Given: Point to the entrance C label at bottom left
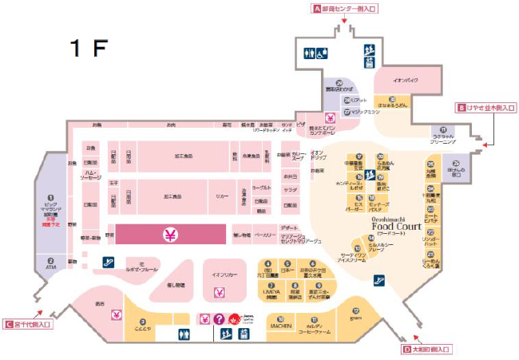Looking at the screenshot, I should [28, 324].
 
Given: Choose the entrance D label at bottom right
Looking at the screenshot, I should [427, 350].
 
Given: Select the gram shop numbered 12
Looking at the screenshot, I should [356, 315].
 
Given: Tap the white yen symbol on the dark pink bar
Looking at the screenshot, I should [170, 235].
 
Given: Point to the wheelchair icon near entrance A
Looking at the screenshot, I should [320, 54].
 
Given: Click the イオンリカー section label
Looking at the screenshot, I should [224, 273].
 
